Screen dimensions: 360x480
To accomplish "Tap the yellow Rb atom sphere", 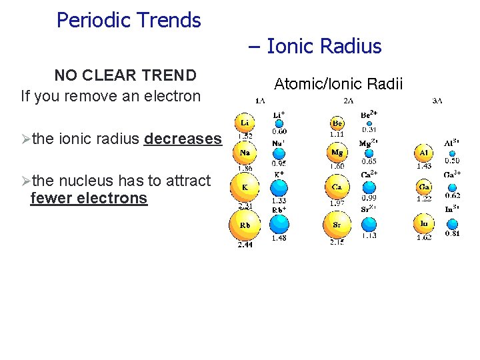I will pyautogui.click(x=245, y=226).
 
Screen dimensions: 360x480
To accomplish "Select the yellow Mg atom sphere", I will pyautogui.click(x=337, y=153).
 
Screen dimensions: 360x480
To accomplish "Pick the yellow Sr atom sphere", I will pyautogui.click(x=337, y=225).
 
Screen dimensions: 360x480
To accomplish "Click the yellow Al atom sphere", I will pyautogui.click(x=424, y=153).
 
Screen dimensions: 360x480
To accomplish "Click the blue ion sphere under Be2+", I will pyautogui.click(x=369, y=122).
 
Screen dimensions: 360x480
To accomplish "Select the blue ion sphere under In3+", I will pyautogui.click(x=453, y=224).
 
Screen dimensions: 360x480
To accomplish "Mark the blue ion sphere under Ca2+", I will pyautogui.click(x=369, y=187).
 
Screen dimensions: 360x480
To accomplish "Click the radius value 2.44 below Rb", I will pyautogui.click(x=245, y=245).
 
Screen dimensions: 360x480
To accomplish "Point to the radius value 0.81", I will pyautogui.click(x=453, y=234).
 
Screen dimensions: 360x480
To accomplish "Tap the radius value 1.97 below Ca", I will pyautogui.click(x=337, y=203).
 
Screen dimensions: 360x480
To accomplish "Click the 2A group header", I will pyautogui.click(x=349, y=101).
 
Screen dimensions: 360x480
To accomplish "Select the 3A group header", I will pyautogui.click(x=437, y=101).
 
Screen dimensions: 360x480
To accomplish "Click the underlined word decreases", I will pyautogui.click(x=183, y=139).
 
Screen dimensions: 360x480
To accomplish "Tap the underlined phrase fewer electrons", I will pyautogui.click(x=89, y=198).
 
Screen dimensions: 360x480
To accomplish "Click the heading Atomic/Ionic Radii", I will pyautogui.click(x=339, y=84).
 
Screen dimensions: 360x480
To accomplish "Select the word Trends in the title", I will pyautogui.click(x=167, y=20).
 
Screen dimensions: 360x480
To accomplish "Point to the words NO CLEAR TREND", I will pyautogui.click(x=125, y=75).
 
